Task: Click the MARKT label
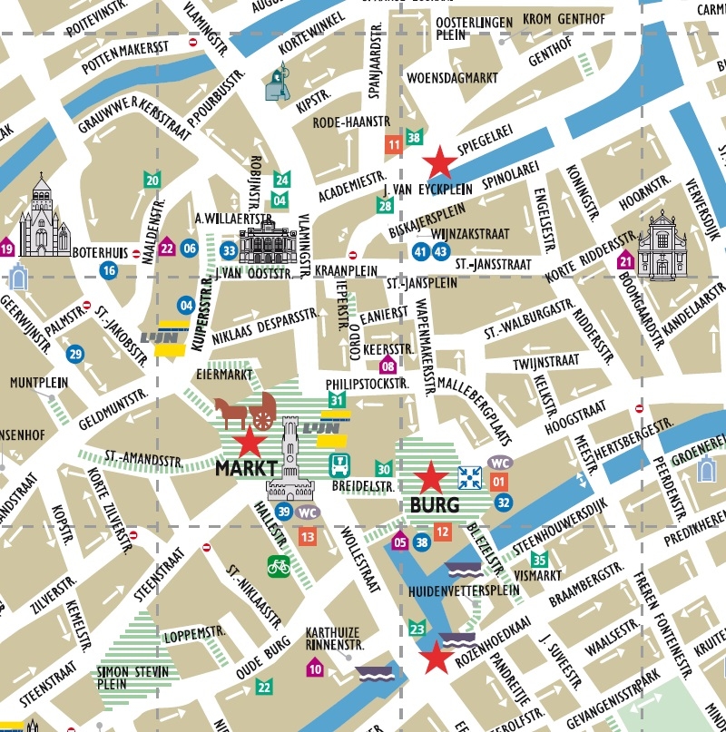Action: click(x=245, y=469)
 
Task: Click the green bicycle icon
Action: click(x=279, y=566)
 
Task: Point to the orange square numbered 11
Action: click(x=394, y=144)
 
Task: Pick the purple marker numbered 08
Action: click(x=388, y=366)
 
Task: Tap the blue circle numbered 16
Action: click(x=109, y=269)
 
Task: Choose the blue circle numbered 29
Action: click(x=74, y=354)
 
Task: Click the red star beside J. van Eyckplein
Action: click(x=441, y=162)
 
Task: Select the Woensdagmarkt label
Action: click(x=453, y=78)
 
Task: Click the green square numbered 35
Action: click(x=540, y=560)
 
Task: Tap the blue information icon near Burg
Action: click(x=469, y=477)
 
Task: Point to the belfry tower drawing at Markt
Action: click(x=290, y=458)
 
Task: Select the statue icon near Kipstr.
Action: click(x=278, y=83)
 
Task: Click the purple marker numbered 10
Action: click(x=315, y=669)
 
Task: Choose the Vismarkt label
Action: click(x=533, y=574)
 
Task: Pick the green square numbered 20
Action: click(x=152, y=181)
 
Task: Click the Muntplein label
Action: click(x=39, y=383)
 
